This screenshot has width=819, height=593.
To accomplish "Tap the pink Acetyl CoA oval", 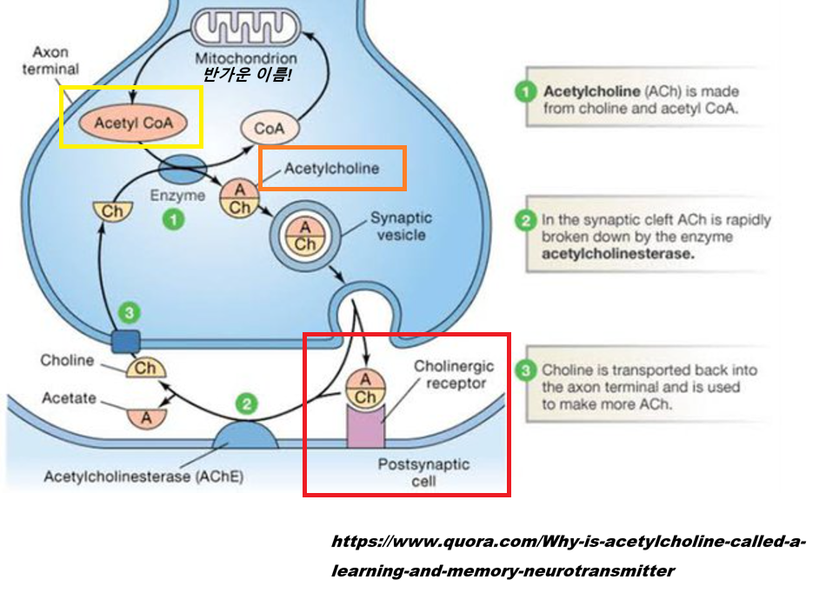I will (x=133, y=123).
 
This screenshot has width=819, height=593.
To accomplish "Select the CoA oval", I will (x=269, y=129).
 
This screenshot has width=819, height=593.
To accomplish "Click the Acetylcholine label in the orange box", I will (x=332, y=169).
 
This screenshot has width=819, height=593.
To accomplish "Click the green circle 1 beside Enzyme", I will (x=175, y=221).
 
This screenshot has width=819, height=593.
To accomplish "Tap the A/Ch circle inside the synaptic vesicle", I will (x=305, y=236).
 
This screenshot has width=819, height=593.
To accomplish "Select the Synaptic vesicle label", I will (x=401, y=226).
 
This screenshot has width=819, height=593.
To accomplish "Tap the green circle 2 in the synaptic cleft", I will (x=248, y=404).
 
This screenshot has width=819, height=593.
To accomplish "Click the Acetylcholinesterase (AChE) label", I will (x=143, y=476).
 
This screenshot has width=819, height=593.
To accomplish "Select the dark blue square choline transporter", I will (x=124, y=341).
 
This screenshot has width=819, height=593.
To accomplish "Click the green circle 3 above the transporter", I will (x=128, y=311).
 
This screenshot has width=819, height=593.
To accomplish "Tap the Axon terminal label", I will (x=56, y=61).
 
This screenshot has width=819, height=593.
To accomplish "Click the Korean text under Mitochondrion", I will (x=247, y=76).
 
